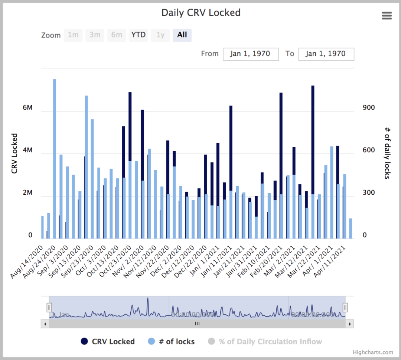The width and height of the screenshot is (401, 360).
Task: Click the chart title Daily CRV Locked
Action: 200,13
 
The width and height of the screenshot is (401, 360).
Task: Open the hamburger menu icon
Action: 387,16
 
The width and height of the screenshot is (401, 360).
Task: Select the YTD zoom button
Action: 138,35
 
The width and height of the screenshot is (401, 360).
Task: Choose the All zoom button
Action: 182,35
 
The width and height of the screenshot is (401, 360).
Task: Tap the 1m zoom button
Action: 73,35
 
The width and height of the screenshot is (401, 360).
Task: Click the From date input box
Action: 251,54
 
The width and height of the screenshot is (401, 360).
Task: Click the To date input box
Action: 326,54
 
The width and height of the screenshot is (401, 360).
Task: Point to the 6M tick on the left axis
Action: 27,108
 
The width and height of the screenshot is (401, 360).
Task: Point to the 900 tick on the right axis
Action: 368,108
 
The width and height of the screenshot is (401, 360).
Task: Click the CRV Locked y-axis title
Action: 14,153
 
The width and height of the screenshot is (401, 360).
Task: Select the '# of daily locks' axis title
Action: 387,153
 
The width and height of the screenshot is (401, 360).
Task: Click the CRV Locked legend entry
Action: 108,341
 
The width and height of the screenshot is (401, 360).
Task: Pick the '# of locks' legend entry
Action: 171,341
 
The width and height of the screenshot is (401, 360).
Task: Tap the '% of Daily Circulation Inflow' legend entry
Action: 265,341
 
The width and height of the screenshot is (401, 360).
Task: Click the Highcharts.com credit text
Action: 373,352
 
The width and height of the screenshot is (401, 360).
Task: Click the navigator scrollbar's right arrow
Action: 349,324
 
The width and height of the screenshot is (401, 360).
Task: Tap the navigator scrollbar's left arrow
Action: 45,324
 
